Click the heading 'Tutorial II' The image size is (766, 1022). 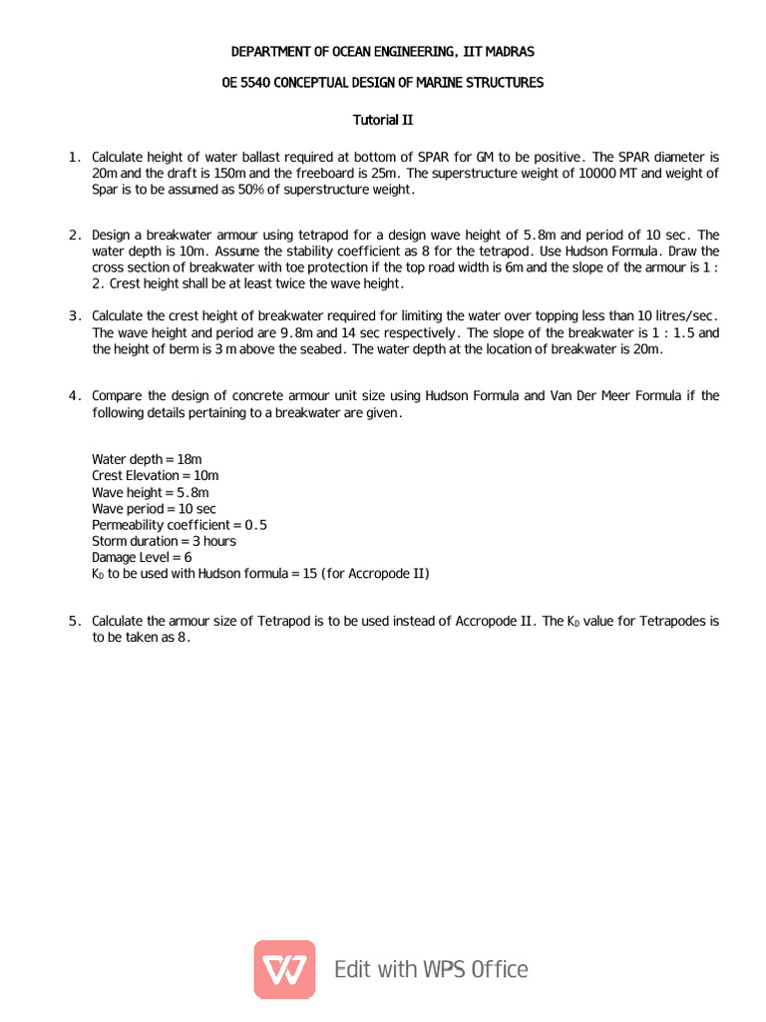(x=383, y=120)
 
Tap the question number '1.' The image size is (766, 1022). (x=75, y=158)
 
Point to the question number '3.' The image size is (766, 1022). (x=75, y=316)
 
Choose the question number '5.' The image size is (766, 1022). (x=75, y=622)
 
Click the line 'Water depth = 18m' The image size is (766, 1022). (x=147, y=459)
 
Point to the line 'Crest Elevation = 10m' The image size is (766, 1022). (x=156, y=476)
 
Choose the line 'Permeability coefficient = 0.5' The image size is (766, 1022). (x=180, y=525)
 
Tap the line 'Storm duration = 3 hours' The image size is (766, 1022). (x=164, y=541)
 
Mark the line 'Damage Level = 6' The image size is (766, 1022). (x=142, y=557)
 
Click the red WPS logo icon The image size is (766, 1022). (x=284, y=969)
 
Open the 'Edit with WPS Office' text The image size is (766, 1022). (x=431, y=969)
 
